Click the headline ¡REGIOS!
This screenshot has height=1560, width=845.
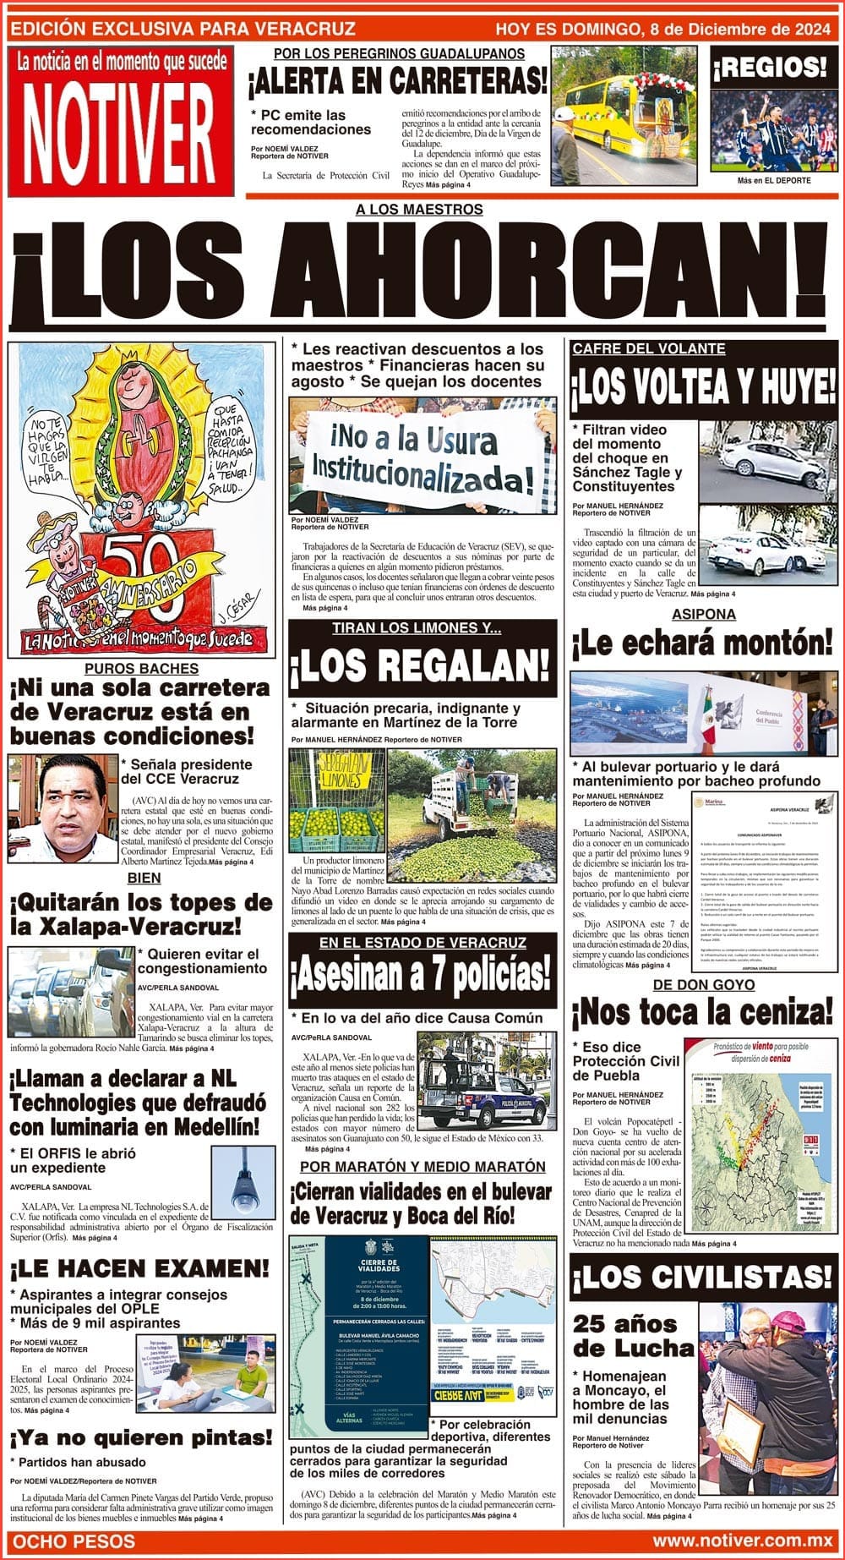769,66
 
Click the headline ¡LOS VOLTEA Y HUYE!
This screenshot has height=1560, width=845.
703,388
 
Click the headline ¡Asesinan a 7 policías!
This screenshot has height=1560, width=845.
422,977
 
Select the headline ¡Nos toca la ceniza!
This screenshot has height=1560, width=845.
703,1012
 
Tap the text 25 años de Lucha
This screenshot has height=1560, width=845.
625,1336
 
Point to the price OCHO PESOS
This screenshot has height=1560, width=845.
74,1541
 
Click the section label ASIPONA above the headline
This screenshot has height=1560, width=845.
703,615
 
